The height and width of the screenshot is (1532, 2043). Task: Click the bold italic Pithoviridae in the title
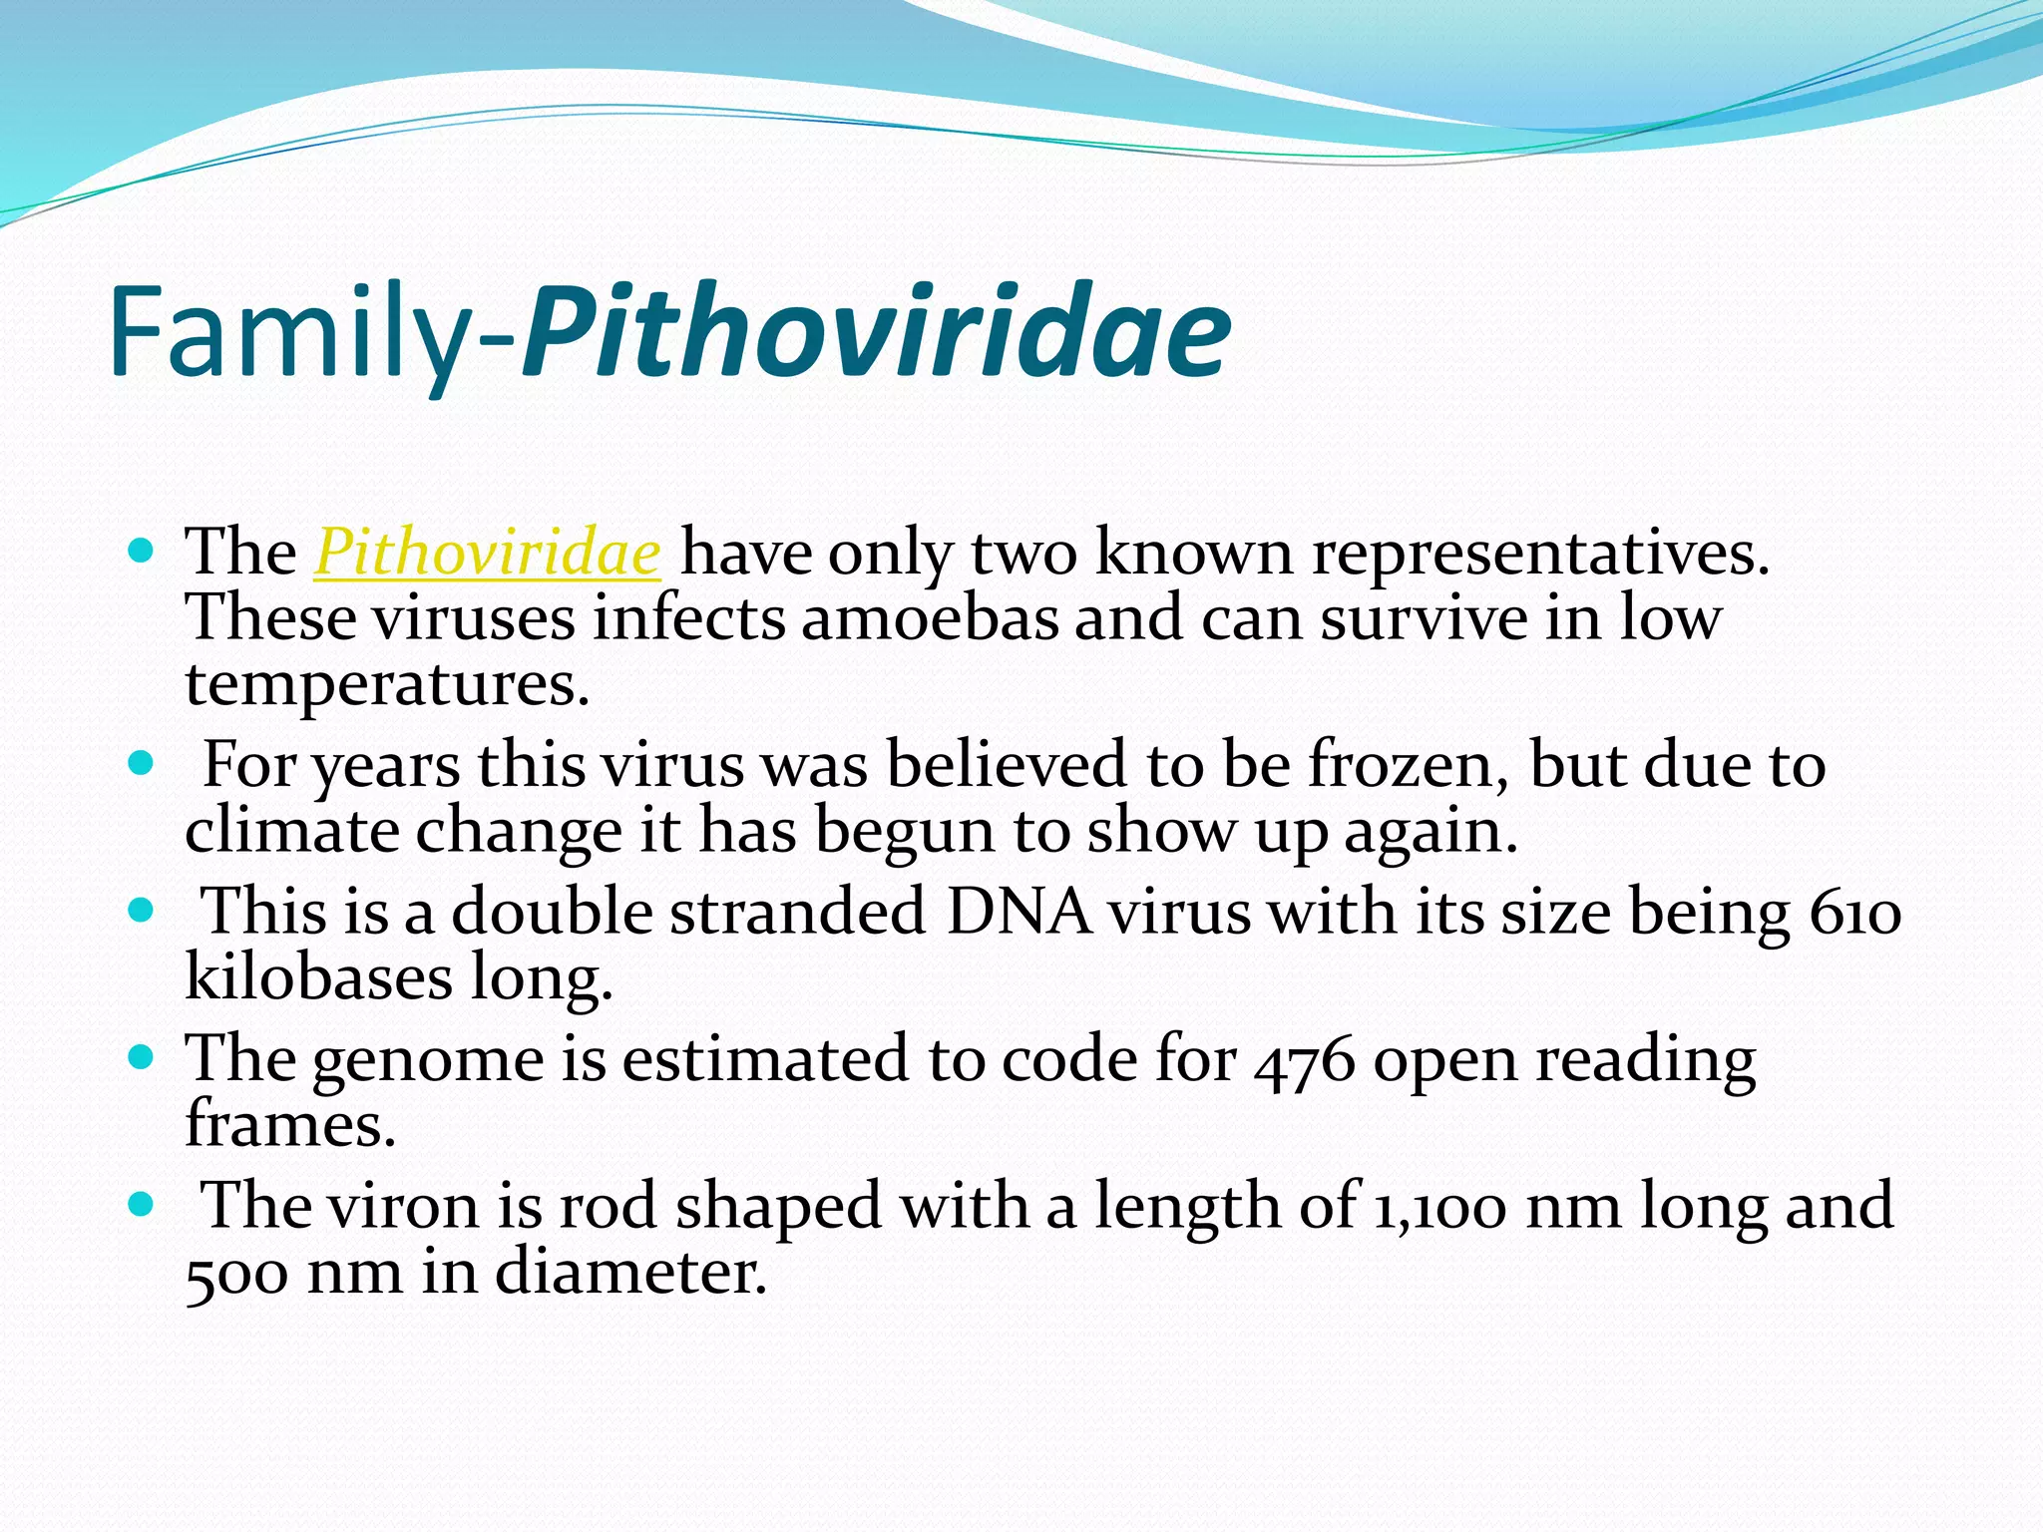point(876,332)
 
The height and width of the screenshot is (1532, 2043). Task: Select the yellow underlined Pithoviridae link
point(487,553)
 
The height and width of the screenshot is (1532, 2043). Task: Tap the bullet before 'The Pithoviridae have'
point(142,550)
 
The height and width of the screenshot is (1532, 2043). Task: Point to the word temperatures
point(386,685)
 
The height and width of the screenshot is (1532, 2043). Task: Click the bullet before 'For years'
point(142,764)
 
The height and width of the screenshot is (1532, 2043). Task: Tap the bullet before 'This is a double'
point(142,911)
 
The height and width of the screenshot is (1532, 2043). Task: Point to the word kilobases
point(318,977)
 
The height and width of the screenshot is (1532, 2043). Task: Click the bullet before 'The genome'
point(142,1057)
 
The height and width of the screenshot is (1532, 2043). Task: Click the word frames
point(289,1124)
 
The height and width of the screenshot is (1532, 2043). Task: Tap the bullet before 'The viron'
point(142,1205)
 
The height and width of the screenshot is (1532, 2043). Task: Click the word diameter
point(630,1273)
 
